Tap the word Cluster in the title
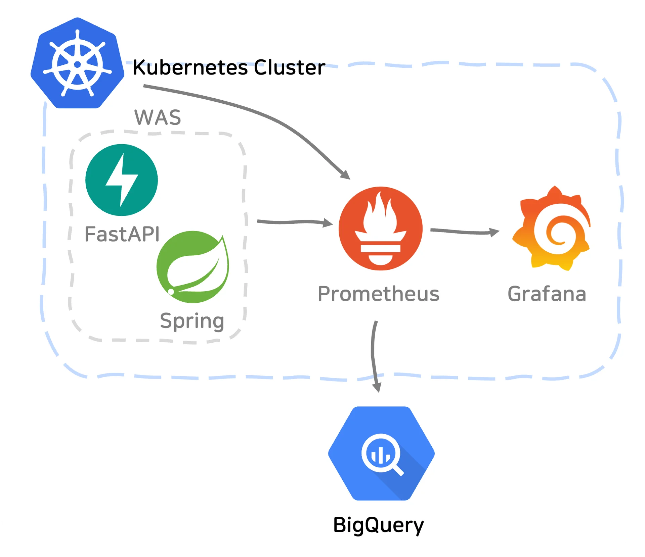pos(290,67)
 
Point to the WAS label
pos(158,117)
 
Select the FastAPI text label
pos(122,234)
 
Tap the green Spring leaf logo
pos(193,267)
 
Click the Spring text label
pos(192,321)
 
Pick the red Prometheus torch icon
pos(380,228)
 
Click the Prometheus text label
pos(379,294)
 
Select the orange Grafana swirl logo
pos(551,229)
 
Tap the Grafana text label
pos(547,294)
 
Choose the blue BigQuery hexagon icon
pos(381,453)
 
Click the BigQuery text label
pos(378,525)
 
